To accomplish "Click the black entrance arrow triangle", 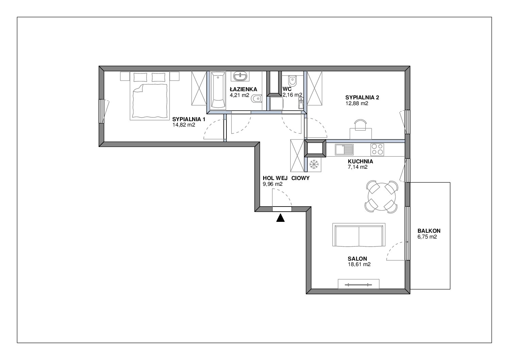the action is tap(281, 218).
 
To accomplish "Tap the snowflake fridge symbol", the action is tap(314, 164).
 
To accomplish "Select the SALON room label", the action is tap(357, 259).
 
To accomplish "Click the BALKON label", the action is tap(429, 231).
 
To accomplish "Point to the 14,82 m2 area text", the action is tap(184, 125).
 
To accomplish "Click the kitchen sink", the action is tap(344, 150).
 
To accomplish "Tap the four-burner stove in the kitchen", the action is tap(377, 150).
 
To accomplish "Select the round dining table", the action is tap(381, 197).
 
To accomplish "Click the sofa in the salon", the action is tap(359, 235).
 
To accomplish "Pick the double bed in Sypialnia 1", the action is tap(150, 96).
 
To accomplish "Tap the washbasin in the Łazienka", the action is tap(240, 76).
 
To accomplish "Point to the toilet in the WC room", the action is tap(292, 81).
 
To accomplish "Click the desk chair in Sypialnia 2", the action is tap(360, 125).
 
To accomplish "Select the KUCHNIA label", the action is tap(360, 162).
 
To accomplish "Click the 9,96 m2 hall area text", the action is tap(273, 184).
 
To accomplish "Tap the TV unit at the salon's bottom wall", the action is tap(359, 284).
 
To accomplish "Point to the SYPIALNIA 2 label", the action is tap(362, 97).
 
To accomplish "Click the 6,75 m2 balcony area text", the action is tap(427, 237).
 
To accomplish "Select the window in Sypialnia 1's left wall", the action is tap(101, 111).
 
